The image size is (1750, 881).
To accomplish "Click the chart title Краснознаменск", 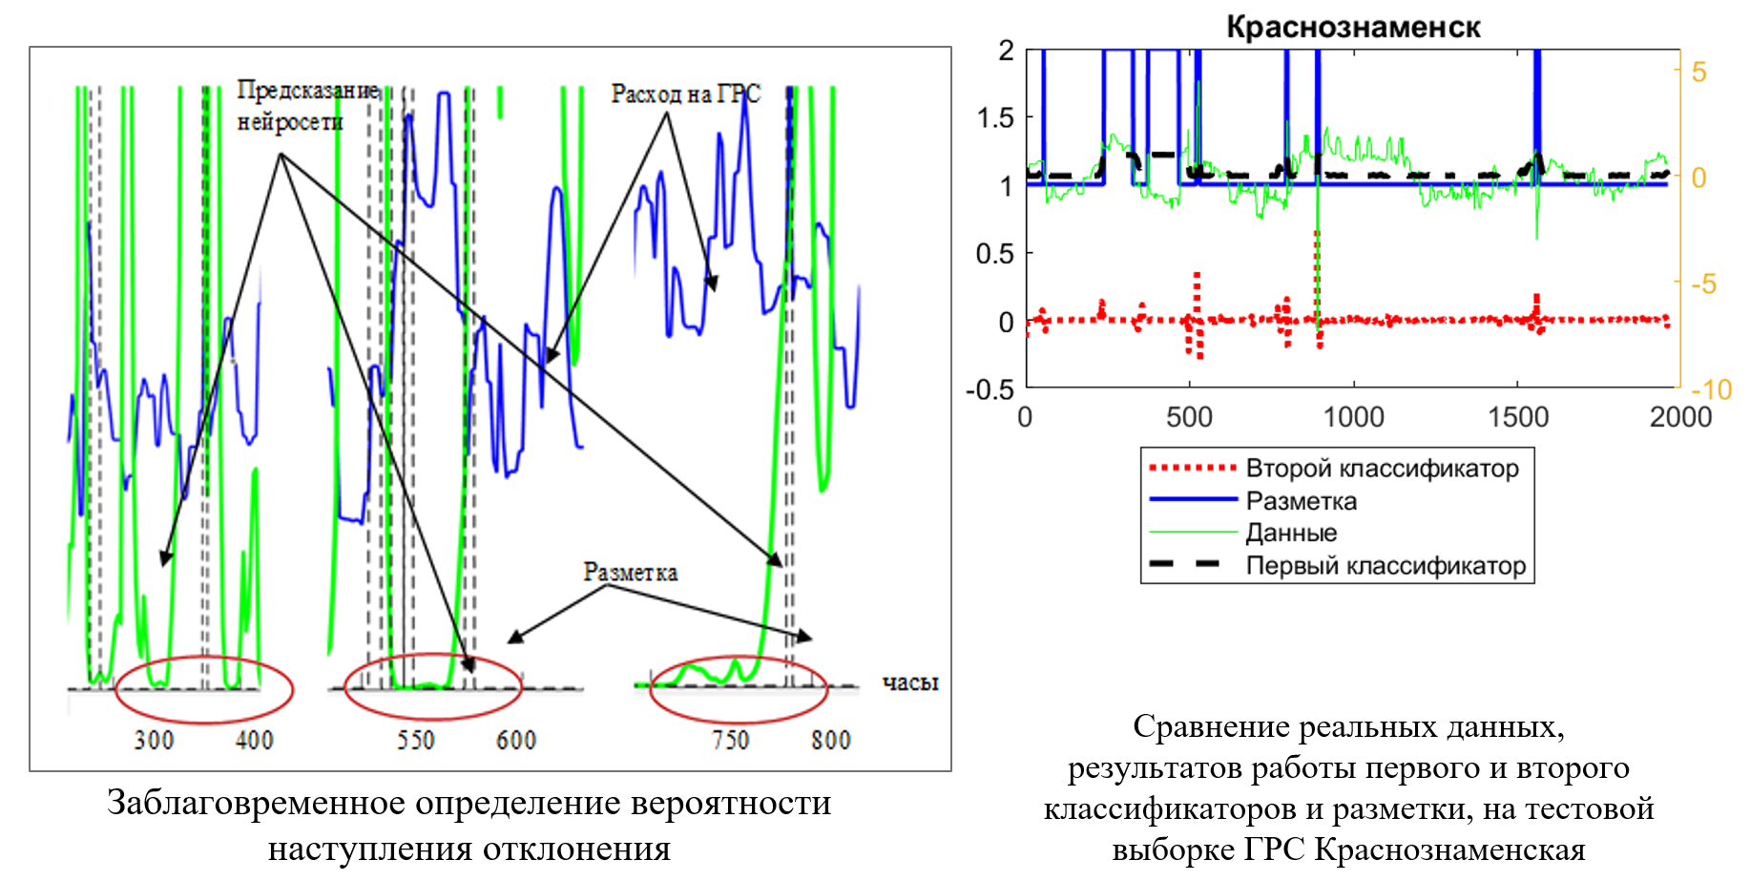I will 1352,27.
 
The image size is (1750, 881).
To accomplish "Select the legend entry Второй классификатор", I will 1382,469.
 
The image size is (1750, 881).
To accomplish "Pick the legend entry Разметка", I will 1301,501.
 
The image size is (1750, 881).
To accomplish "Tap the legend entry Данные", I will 1291,533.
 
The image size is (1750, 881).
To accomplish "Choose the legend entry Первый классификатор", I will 1385,566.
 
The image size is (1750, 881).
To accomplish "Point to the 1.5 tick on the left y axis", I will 996,118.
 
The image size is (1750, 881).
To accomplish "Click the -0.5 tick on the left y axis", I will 990,389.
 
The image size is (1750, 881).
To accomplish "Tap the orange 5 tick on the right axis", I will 1699,73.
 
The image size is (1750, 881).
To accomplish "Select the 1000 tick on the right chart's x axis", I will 1353,417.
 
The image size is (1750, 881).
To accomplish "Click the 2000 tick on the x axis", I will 1680,417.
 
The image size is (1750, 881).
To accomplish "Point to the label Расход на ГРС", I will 685,94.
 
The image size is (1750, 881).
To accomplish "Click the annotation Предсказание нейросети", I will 306,106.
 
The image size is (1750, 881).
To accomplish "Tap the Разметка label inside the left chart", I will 630,573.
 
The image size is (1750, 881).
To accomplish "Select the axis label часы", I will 909,682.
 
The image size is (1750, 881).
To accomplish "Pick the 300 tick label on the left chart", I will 154,741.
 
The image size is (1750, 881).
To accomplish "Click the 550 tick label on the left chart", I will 415,741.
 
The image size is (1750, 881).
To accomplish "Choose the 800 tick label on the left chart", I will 830,741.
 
